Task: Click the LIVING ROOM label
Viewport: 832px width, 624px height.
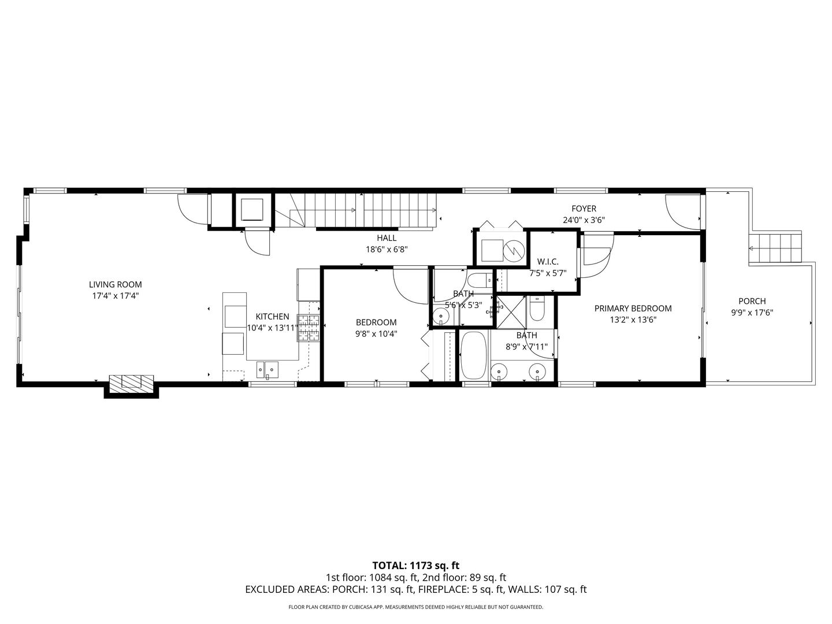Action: (x=115, y=284)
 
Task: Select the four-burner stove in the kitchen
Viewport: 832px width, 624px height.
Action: (x=309, y=328)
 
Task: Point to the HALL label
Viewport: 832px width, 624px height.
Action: (x=387, y=238)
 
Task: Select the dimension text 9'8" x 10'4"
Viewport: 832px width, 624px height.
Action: (x=376, y=333)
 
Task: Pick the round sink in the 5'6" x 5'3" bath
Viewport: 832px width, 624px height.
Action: (x=441, y=316)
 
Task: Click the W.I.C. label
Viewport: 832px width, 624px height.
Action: (x=548, y=262)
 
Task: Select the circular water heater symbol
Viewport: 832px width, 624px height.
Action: (x=513, y=250)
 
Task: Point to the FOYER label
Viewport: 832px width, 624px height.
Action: (x=584, y=209)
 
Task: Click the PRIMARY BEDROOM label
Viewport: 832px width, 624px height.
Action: (x=633, y=309)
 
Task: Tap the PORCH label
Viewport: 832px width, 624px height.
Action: (x=752, y=301)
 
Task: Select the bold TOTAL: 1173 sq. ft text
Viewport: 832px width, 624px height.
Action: (x=415, y=565)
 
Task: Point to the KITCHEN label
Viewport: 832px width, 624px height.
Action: (x=272, y=317)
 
